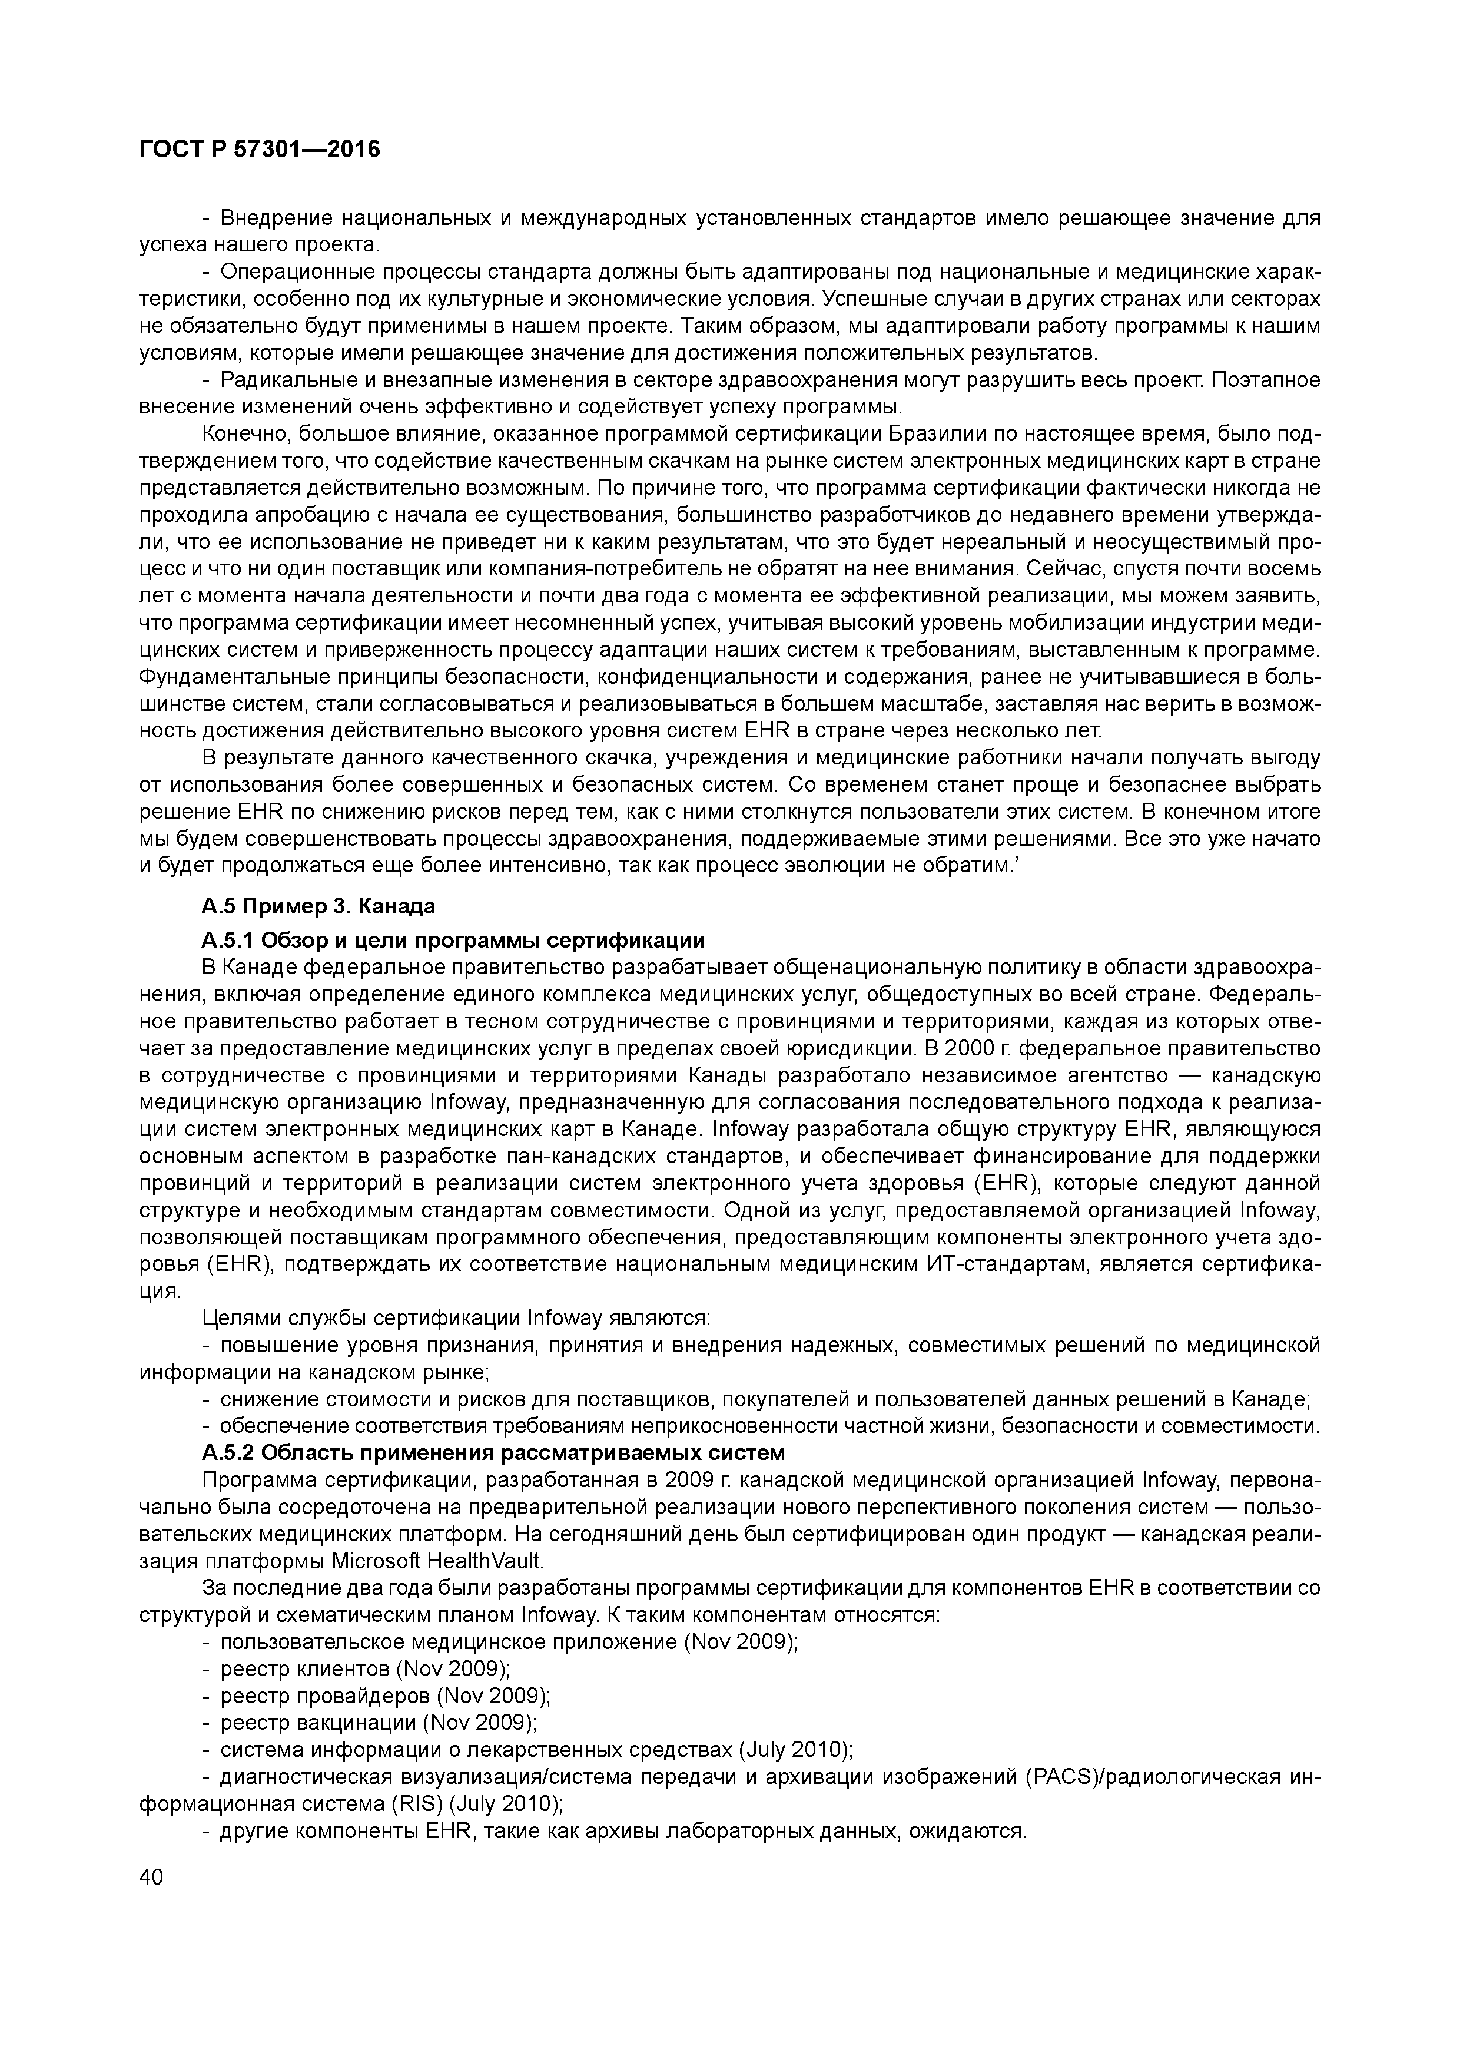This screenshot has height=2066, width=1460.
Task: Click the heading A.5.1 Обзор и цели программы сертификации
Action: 453,941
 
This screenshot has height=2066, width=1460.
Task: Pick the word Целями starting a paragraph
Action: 231,1318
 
